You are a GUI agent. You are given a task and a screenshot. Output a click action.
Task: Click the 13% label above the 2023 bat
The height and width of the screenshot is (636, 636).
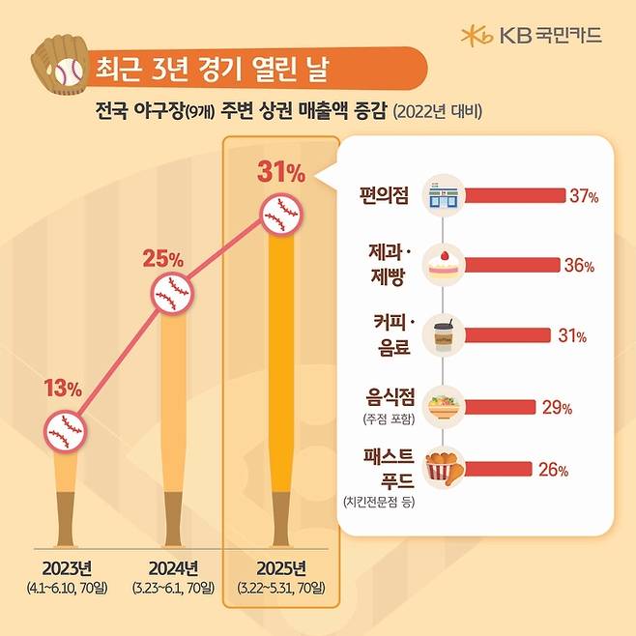tap(64, 390)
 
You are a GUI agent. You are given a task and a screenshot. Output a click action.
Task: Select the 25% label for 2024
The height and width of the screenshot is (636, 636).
tap(163, 259)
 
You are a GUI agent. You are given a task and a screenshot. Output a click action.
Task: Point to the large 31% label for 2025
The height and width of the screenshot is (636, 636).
tap(281, 174)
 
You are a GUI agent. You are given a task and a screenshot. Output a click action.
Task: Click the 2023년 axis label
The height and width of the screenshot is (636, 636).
tap(67, 567)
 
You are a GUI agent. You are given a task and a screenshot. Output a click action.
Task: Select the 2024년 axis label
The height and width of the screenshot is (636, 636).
tap(174, 567)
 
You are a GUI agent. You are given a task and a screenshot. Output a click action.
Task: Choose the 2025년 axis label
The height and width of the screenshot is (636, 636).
tap(281, 567)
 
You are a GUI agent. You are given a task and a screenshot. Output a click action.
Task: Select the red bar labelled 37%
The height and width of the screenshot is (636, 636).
tap(515, 196)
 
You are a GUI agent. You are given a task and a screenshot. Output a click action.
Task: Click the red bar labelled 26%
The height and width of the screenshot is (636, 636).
tap(499, 471)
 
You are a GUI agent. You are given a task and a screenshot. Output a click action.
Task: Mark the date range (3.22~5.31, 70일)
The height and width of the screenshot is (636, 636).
tap(281, 588)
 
